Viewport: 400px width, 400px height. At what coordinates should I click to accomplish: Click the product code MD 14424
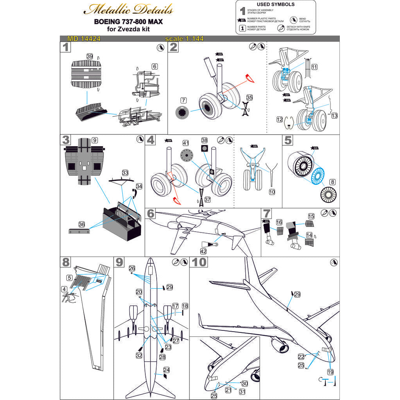[78, 39]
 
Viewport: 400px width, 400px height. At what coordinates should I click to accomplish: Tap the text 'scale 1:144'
[184, 39]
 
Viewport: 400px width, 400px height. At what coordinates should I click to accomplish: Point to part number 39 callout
[89, 57]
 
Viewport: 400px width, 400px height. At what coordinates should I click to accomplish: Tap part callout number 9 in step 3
[95, 140]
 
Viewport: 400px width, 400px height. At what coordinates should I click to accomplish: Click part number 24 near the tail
[166, 370]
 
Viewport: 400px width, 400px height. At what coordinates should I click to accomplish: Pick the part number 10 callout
[272, 192]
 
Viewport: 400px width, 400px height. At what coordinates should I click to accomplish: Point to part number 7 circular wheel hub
[182, 112]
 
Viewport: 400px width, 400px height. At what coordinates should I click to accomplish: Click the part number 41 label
[186, 143]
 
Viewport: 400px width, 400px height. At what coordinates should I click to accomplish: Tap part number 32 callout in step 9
[139, 355]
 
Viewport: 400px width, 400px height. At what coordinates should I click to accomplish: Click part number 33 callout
[125, 172]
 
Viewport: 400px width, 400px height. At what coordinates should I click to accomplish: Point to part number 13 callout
[334, 116]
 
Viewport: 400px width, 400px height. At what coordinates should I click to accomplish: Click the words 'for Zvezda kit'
[128, 29]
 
